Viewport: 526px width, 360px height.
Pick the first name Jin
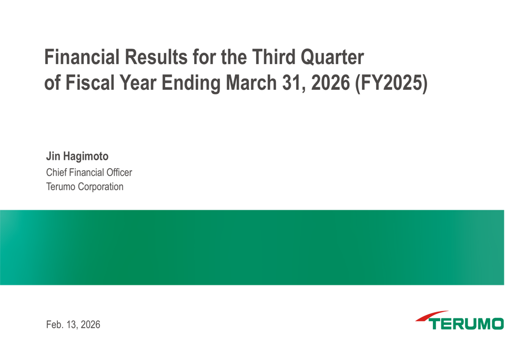pos(53,157)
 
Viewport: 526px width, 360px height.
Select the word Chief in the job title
pos(56,172)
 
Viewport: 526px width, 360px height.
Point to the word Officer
pos(116,172)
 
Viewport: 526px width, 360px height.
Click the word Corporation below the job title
pos(100,187)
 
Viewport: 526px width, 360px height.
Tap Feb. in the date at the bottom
pos(54,325)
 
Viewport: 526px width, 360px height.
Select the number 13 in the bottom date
pos(72,325)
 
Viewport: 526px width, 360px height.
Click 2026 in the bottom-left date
pos(90,325)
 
